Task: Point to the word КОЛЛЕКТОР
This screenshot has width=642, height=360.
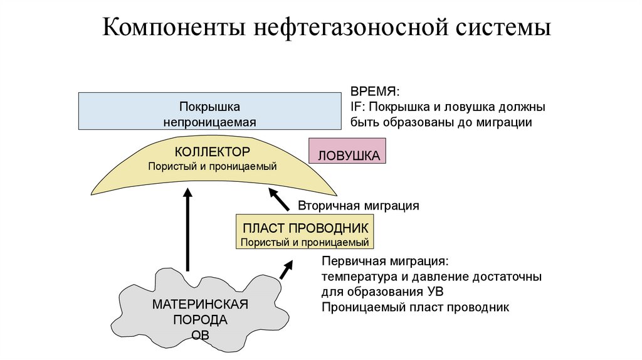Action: [x=213, y=152]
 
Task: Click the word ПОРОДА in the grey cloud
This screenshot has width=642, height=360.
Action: [x=200, y=320]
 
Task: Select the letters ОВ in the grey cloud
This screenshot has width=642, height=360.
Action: [x=200, y=335]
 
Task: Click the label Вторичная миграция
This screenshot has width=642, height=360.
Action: [x=358, y=205]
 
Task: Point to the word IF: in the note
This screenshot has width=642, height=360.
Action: [x=358, y=107]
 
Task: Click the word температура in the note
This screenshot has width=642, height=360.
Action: [x=355, y=276]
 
